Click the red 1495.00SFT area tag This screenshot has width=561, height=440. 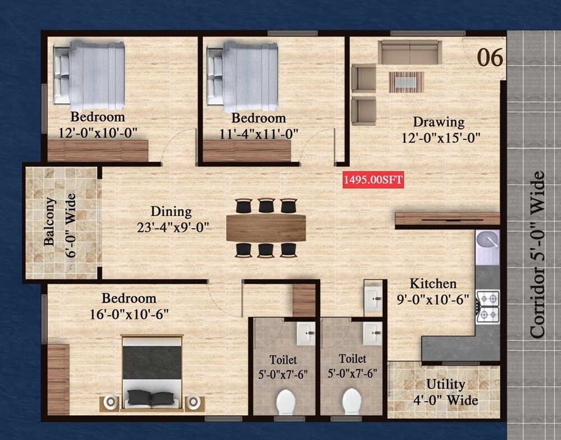coord(373,180)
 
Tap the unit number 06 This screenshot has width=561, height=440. coord(490,58)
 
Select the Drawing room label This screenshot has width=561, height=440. coord(439,122)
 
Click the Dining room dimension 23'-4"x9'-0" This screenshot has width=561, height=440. coord(172,227)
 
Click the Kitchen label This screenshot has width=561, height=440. coord(433,283)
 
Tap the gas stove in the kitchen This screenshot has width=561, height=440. coord(488,306)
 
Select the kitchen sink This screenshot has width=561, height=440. coord(488,242)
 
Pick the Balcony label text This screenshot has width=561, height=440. coord(50,222)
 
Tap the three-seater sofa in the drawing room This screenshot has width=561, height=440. coord(410,52)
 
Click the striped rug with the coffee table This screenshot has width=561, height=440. coord(407,82)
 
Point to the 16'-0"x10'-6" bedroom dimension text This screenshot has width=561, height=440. coord(128,314)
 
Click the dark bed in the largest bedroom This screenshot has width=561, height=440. coord(152,370)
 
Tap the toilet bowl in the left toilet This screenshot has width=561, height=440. coord(286,402)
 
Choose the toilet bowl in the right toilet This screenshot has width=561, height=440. coord(352,402)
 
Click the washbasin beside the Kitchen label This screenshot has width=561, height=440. coord(373,297)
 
